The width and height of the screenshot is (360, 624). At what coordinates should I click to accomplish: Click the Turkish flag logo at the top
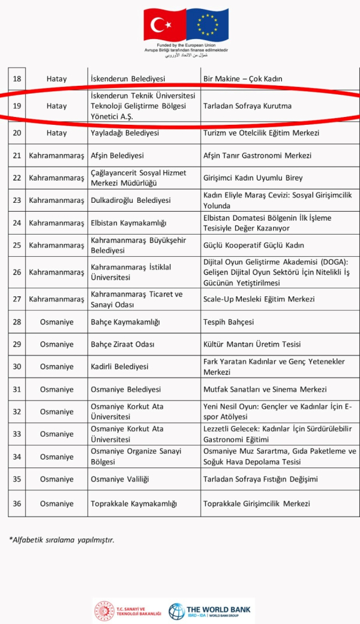click(x=164, y=25)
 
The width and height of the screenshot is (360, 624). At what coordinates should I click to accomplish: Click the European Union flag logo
click(x=208, y=25)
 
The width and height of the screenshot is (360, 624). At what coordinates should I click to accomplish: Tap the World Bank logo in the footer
click(x=210, y=611)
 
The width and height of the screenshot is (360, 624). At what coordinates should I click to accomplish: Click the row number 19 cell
click(x=17, y=106)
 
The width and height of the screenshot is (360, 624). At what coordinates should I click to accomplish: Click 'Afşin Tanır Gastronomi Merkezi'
click(x=257, y=155)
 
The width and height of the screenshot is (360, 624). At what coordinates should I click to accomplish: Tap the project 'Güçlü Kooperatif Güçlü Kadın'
click(x=254, y=245)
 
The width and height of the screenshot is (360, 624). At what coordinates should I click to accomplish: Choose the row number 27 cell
click(x=17, y=299)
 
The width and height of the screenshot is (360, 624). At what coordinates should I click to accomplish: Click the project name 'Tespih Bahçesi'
click(x=229, y=322)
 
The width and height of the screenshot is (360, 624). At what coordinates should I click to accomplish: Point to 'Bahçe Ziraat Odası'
click(x=122, y=344)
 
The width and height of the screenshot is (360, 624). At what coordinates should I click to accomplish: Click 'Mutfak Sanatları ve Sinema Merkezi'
click(x=265, y=389)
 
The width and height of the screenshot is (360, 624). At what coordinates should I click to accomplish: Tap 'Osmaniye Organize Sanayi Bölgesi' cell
click(x=136, y=457)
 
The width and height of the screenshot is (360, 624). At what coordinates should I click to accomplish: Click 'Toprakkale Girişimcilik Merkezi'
click(x=256, y=504)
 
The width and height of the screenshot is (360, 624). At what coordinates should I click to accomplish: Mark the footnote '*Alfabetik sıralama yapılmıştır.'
click(x=61, y=539)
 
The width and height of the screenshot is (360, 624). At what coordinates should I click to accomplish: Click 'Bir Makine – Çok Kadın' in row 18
click(x=242, y=79)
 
